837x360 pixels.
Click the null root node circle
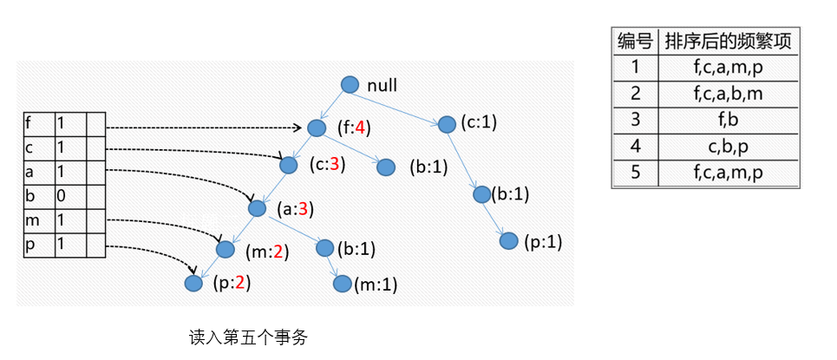[x=350, y=84]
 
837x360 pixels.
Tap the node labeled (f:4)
[x=316, y=128]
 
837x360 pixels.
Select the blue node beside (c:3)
[x=289, y=163]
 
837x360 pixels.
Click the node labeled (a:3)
[x=257, y=208]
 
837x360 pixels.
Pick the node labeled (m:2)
[x=226, y=250]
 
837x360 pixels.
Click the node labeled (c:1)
[x=447, y=123]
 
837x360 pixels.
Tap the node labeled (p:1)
[x=510, y=240]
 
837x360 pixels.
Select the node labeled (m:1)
[x=342, y=284]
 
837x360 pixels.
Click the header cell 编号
[x=635, y=41]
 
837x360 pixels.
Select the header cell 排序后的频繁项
[x=728, y=41]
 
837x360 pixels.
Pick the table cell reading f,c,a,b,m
[x=728, y=94]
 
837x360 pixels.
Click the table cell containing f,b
[x=728, y=120]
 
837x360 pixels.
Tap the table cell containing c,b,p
[x=728, y=146]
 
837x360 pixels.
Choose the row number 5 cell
[x=635, y=173]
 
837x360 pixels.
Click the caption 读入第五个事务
[x=248, y=337]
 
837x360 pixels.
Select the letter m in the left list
[x=30, y=220]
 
